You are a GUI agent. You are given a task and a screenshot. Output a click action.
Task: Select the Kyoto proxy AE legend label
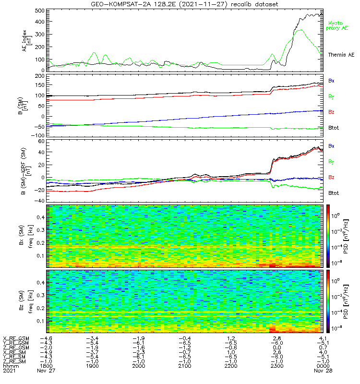pyautogui.click(x=338, y=25)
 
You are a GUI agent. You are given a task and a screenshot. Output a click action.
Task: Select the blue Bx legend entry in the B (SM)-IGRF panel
pyautogui.click(x=331, y=146)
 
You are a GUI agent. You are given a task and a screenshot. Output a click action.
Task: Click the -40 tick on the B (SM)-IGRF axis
pyautogui.click(x=40, y=200)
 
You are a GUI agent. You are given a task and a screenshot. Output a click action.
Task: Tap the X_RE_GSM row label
pyautogui.click(x=16, y=339)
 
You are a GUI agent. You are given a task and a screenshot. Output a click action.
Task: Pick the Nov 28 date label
pyautogui.click(x=322, y=371)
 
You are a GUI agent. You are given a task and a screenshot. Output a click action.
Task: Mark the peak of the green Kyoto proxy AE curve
pyautogui.click(x=300, y=30)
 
